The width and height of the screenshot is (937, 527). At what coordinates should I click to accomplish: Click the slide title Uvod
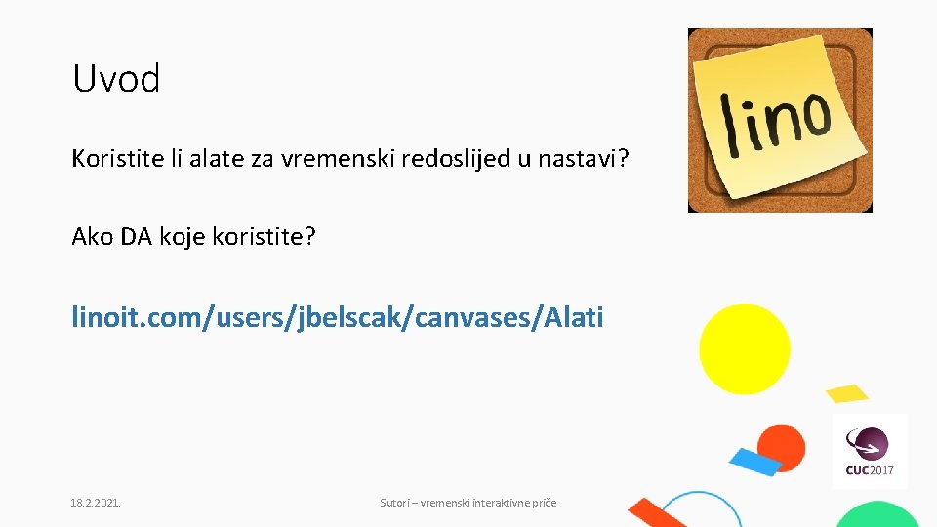tap(116, 79)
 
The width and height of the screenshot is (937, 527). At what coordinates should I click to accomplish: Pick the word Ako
tap(93, 237)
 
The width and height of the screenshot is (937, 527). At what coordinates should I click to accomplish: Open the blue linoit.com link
tap(338, 317)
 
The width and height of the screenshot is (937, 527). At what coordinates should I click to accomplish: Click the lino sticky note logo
tap(780, 120)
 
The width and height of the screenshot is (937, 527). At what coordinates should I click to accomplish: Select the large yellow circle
tap(745, 348)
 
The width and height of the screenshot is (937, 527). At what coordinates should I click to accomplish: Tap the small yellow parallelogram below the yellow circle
tap(846, 393)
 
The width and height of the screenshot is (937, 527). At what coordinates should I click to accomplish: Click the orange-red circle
tap(783, 447)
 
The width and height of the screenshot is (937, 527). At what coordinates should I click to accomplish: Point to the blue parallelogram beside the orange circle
tap(755, 461)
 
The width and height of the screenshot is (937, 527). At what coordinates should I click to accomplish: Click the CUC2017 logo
tap(869, 451)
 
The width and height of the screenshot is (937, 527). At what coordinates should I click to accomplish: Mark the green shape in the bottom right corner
tap(878, 515)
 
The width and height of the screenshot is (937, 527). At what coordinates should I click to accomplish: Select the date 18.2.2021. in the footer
tap(96, 503)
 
